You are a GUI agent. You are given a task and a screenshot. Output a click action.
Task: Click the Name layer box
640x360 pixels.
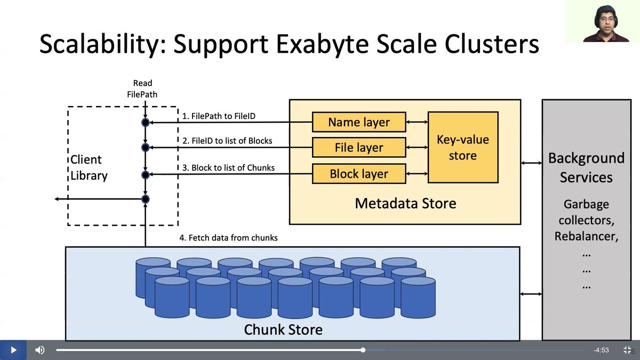[359, 122]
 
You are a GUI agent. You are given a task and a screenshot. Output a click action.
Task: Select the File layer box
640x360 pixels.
[359, 148]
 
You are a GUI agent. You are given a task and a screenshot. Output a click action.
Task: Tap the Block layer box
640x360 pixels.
[359, 174]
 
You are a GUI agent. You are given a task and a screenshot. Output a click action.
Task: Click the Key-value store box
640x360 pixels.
[462, 147]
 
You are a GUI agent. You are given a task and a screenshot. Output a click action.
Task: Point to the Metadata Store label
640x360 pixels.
[405, 203]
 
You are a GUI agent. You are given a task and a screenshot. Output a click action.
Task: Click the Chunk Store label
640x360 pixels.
[283, 329]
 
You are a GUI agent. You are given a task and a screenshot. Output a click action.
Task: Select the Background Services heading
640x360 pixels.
[586, 167]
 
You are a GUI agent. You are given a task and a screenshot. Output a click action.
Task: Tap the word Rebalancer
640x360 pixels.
[586, 236]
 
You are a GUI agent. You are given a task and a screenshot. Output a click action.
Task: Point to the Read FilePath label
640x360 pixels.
[143, 88]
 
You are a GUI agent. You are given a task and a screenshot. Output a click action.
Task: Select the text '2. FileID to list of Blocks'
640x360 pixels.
[227, 141]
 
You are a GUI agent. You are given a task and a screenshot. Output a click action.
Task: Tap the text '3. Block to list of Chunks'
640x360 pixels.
[228, 167]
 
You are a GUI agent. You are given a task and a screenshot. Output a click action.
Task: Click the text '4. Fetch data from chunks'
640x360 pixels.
[228, 237]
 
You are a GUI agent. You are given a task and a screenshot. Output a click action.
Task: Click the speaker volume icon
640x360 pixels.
[40, 350]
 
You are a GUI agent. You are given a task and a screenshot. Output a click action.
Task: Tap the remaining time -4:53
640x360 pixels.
[601, 350]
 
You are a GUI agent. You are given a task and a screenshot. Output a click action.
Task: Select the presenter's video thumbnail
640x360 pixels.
[603, 21]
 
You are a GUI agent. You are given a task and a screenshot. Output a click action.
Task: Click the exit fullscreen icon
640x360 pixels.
[627, 350]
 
